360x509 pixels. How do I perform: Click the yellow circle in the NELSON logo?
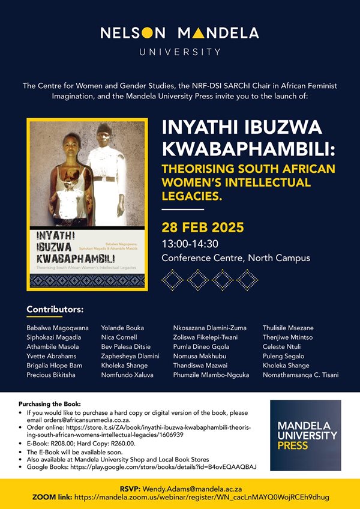[x=147, y=33]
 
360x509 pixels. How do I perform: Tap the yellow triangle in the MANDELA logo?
[x=199, y=33]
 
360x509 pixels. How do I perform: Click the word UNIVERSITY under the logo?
[x=180, y=52]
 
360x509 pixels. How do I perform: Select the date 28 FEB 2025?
[x=203, y=227]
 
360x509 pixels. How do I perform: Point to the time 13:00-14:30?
[x=190, y=244]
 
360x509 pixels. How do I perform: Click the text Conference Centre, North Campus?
[x=236, y=258]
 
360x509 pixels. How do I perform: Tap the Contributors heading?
[x=55, y=309]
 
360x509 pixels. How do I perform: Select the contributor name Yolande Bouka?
[x=122, y=328]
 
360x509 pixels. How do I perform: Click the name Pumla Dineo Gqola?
[x=201, y=347]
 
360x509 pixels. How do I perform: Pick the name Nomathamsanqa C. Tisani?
[x=301, y=375]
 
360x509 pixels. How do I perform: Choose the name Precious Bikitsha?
[x=51, y=375]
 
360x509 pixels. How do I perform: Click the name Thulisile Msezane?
[x=288, y=328]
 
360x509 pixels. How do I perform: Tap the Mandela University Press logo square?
[x=305, y=435]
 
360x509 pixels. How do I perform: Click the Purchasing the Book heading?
[x=49, y=404]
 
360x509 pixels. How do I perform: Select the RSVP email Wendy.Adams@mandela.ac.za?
[x=192, y=489]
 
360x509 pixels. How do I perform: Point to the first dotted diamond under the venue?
[x=172, y=280]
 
